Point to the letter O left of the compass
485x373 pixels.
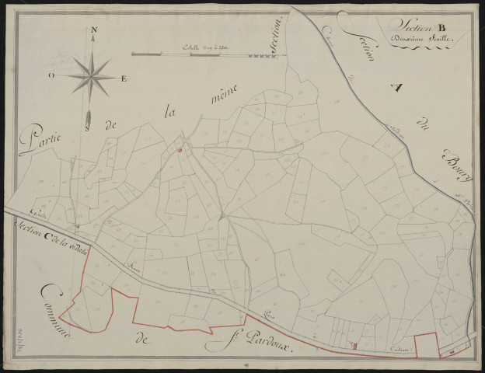(x=51, y=75)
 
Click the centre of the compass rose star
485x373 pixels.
(x=92, y=75)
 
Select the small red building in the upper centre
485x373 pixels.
(x=178, y=150)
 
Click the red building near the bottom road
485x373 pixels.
(x=355, y=345)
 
